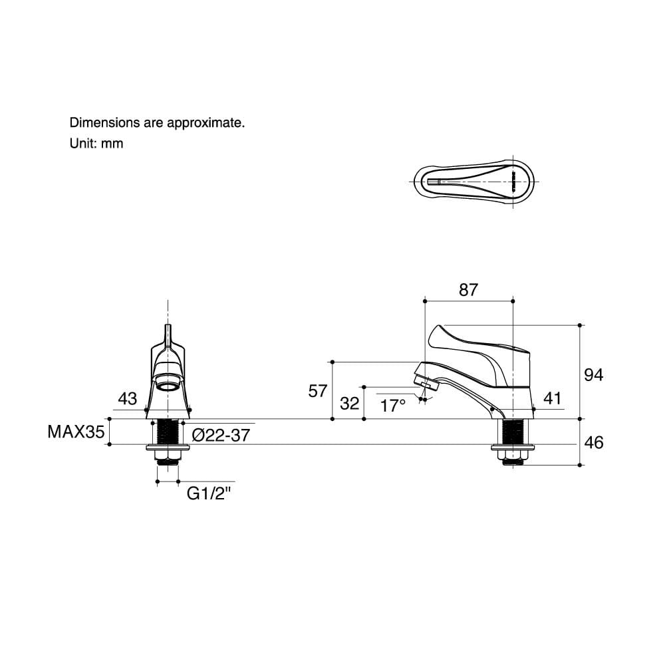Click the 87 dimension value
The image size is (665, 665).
(x=468, y=290)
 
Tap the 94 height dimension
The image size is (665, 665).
(x=593, y=375)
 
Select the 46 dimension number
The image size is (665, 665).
(x=593, y=443)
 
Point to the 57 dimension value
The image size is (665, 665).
(x=318, y=391)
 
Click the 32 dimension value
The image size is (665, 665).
(x=350, y=404)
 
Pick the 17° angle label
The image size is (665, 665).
(x=393, y=406)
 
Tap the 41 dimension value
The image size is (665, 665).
(x=552, y=398)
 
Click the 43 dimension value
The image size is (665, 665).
(x=127, y=398)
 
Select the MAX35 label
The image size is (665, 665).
(x=76, y=432)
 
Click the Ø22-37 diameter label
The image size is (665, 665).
(x=221, y=435)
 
